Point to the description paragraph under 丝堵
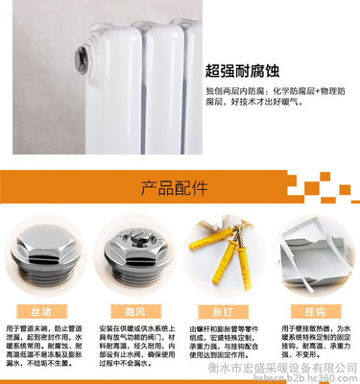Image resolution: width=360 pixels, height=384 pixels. coord(45,347)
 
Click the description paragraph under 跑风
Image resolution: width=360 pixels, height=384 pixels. coord(134,347)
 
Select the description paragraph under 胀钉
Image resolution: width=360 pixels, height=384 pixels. coord(223,347)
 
